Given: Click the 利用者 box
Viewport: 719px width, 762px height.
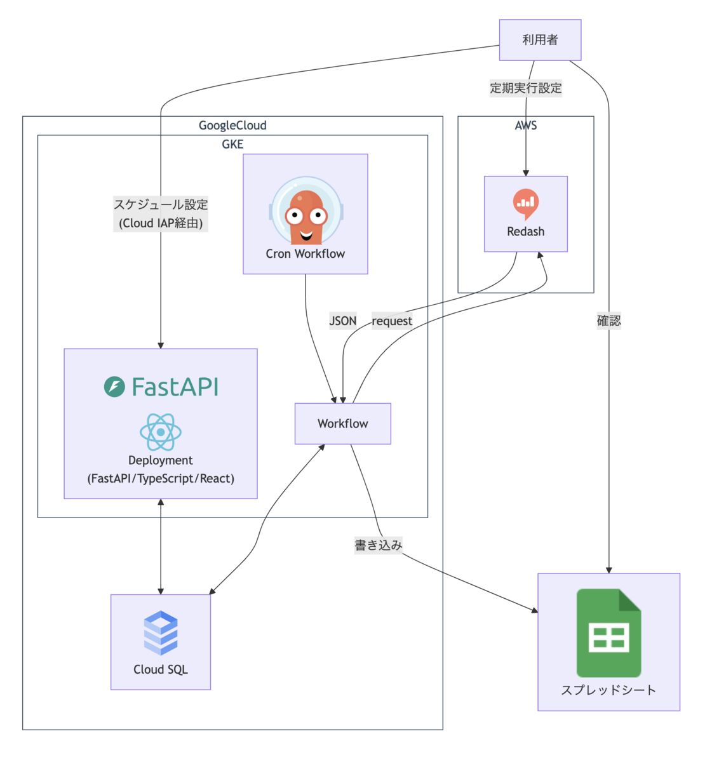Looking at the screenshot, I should pos(540,40).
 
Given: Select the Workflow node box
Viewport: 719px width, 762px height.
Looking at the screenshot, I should pos(343,424).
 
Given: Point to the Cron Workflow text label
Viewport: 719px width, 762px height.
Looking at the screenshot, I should pos(306,254).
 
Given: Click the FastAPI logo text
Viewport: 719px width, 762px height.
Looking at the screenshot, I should pos(161,387).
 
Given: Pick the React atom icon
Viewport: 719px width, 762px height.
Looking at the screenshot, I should pos(161,432).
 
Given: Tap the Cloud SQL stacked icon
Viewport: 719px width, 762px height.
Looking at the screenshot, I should pos(161,632).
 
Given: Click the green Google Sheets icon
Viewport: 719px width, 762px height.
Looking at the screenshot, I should pos(608,633).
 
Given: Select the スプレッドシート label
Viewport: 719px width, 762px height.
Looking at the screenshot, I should pos(608,690).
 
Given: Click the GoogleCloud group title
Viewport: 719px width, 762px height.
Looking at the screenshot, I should pos(232,126).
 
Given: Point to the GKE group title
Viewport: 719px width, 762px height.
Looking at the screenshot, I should pos(232,145).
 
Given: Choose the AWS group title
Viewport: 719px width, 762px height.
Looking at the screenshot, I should pos(526,126).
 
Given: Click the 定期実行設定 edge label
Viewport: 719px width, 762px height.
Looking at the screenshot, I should pos(526,88).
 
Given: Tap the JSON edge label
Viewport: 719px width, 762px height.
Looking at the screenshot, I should pos(343,321).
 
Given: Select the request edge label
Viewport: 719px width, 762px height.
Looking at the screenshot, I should pos(392,321).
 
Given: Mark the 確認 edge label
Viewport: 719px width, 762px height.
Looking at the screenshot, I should pos(608,321).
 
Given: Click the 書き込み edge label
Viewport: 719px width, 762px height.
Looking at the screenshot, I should pos(379,545).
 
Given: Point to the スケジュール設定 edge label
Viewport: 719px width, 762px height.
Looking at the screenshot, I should pos(161,205).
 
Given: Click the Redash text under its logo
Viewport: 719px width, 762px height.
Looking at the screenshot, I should pos(526,232).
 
